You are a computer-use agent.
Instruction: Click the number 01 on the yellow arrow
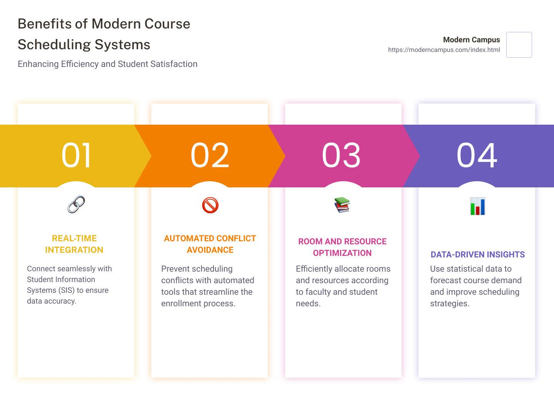pyautogui.click(x=76, y=155)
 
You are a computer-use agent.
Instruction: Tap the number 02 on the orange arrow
pyautogui.click(x=210, y=155)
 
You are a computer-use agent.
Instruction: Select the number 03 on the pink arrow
pyautogui.click(x=341, y=155)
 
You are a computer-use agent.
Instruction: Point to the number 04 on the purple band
pyautogui.click(x=477, y=155)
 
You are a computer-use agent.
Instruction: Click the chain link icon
pyautogui.click(x=76, y=204)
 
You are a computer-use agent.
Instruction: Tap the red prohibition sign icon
pyautogui.click(x=210, y=205)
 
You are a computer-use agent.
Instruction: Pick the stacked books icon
pyautogui.click(x=342, y=205)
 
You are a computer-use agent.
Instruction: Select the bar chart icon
pyautogui.click(x=477, y=206)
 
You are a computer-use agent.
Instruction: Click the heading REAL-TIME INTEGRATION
pyautogui.click(x=74, y=244)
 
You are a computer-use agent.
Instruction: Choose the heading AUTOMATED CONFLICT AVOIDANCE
pyautogui.click(x=210, y=244)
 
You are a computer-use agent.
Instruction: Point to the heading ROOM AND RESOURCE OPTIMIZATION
pyautogui.click(x=342, y=247)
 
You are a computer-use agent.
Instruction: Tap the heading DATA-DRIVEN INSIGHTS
pyautogui.click(x=477, y=254)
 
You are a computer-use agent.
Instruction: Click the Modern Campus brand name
pyautogui.click(x=471, y=40)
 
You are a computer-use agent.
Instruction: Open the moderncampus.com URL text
pyautogui.click(x=444, y=50)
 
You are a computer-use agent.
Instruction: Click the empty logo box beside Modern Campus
pyautogui.click(x=519, y=45)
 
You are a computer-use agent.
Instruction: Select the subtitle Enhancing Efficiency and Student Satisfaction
pyautogui.click(x=107, y=64)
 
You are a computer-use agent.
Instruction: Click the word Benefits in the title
pyautogui.click(x=45, y=24)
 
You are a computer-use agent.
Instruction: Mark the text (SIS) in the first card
pyautogui.click(x=67, y=290)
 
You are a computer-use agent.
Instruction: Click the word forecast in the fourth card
pyautogui.click(x=447, y=280)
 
